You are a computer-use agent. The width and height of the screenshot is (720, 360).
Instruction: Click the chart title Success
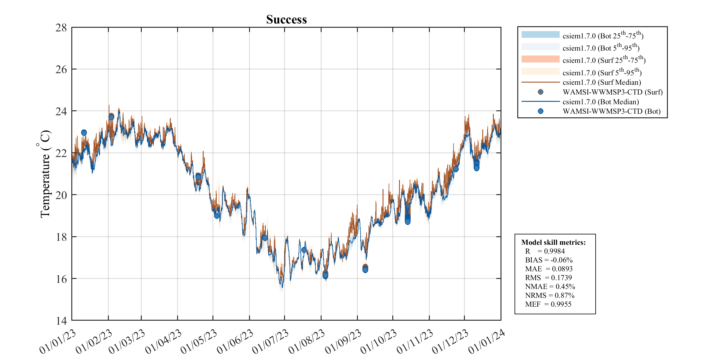tap(286, 20)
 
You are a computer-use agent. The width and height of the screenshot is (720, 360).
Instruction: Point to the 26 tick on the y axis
tap(61, 70)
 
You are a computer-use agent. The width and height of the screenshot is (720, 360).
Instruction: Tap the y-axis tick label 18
tap(61, 237)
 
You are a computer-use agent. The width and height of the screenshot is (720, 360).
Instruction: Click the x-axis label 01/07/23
tap(270, 342)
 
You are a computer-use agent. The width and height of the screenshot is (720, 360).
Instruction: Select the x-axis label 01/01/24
tap(487, 342)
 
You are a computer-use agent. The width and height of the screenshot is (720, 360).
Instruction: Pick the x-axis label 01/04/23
tap(163, 342)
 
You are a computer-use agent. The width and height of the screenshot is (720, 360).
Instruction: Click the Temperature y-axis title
tap(45, 174)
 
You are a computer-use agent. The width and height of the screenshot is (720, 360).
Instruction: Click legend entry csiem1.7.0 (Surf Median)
tap(601, 82)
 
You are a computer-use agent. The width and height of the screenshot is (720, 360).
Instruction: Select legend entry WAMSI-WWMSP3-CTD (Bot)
tap(611, 111)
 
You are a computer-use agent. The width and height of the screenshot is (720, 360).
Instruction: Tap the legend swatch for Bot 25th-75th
tap(540, 35)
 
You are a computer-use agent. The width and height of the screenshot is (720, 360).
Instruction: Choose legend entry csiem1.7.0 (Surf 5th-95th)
tap(602, 73)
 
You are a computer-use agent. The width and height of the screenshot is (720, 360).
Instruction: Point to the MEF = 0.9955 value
tap(548, 304)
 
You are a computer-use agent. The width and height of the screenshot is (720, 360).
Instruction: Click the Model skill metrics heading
tap(553, 242)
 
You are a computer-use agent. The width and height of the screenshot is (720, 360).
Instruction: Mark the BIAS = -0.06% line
tap(549, 260)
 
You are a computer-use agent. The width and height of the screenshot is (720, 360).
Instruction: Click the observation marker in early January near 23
tap(84, 133)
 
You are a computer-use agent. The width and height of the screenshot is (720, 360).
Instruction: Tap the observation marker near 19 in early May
tap(217, 216)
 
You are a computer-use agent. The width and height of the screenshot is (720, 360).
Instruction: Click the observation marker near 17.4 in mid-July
tap(304, 250)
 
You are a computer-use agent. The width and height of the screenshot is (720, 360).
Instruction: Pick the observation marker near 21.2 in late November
tap(456, 169)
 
